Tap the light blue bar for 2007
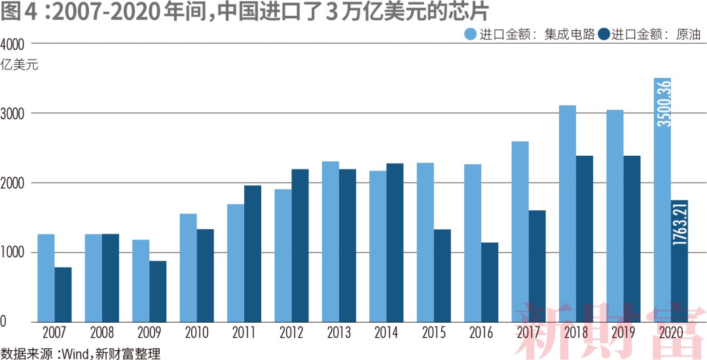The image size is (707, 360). point(46,278)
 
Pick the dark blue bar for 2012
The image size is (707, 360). point(300,245)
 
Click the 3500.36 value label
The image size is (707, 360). point(663,103)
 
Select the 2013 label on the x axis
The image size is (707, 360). point(339,333)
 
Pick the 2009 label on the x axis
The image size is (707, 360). point(149,333)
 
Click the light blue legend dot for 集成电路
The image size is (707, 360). point(471,35)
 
